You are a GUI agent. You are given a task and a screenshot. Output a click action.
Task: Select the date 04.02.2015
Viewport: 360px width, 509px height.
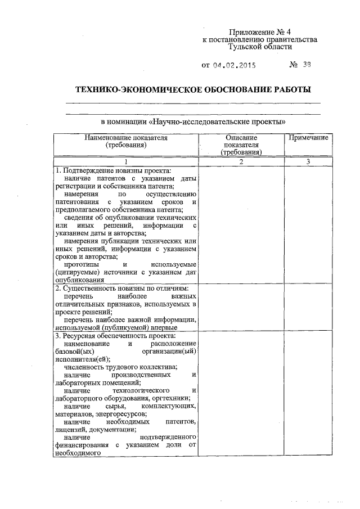(235, 65)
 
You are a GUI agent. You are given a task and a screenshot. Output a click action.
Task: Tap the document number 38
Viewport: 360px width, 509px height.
(305, 65)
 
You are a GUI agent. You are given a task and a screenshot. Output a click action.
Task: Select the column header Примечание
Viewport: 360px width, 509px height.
(308, 137)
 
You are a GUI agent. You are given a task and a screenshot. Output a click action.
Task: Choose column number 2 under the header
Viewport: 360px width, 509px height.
(241, 161)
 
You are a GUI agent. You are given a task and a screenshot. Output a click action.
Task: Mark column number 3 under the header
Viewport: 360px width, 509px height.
(308, 161)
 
